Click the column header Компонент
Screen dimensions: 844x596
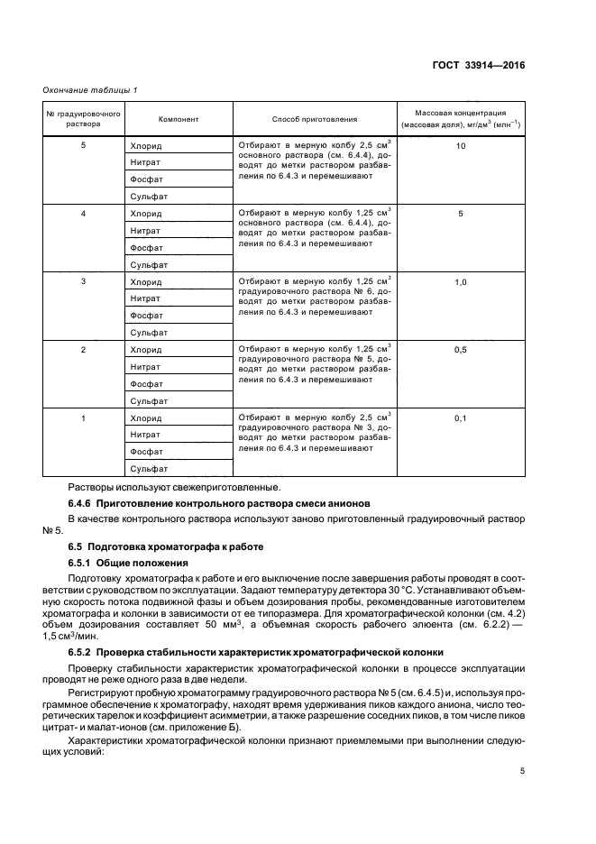pyautogui.click(x=179, y=119)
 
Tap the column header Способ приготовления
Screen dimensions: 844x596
pyautogui.click(x=315, y=119)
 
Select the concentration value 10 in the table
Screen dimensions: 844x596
pyautogui.click(x=460, y=145)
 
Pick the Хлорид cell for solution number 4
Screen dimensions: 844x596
pyautogui.click(x=146, y=214)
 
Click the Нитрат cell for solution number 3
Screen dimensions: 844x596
pyautogui.click(x=145, y=298)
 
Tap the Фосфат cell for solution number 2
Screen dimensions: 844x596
pyautogui.click(x=146, y=383)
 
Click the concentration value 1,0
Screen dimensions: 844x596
pyautogui.click(x=460, y=282)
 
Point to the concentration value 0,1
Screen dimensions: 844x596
pyautogui.click(x=460, y=418)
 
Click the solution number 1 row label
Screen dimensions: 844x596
pyautogui.click(x=83, y=418)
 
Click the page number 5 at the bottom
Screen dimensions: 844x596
pyautogui.click(x=523, y=770)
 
